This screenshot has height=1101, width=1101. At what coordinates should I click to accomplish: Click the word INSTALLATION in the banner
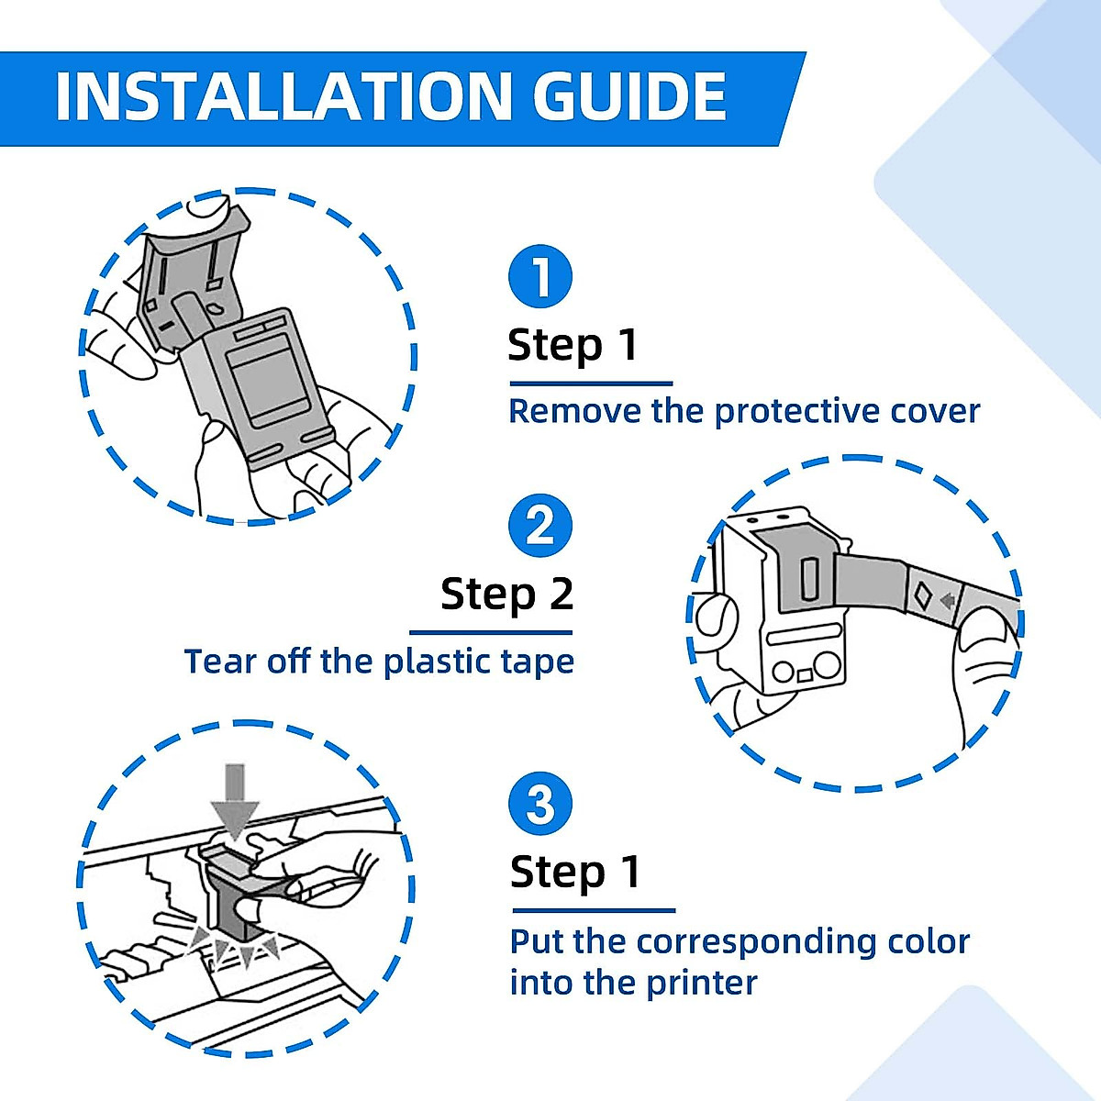click(284, 96)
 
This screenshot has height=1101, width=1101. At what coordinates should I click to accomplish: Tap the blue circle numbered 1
click(539, 276)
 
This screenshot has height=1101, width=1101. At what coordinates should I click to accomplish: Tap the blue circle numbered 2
click(539, 526)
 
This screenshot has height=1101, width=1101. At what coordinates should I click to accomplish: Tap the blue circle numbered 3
click(539, 804)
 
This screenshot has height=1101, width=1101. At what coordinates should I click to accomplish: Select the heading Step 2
click(506, 595)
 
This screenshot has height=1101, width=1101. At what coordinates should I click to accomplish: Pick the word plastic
click(437, 662)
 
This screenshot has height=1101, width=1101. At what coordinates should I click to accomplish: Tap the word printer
click(702, 984)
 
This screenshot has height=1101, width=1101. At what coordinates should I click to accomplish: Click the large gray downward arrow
click(235, 802)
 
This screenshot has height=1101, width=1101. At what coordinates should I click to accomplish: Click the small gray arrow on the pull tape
click(948, 600)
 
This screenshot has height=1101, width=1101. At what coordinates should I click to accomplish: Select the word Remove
click(574, 411)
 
